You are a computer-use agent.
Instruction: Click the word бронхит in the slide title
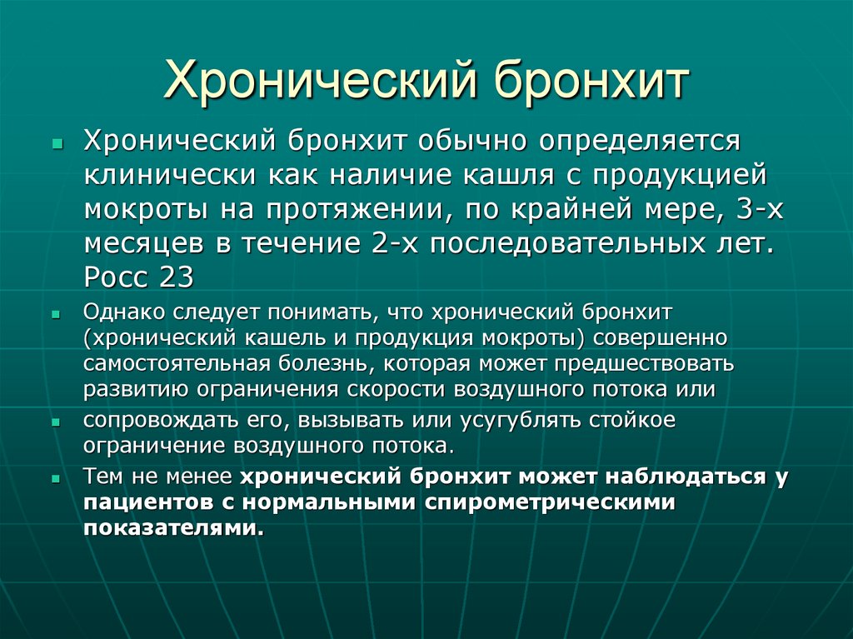(593, 81)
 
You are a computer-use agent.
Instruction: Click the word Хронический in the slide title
(322, 81)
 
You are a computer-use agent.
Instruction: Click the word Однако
(125, 312)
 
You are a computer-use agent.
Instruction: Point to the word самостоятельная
(175, 364)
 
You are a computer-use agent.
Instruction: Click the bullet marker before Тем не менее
(55, 479)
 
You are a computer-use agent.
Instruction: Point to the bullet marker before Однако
(55, 314)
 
